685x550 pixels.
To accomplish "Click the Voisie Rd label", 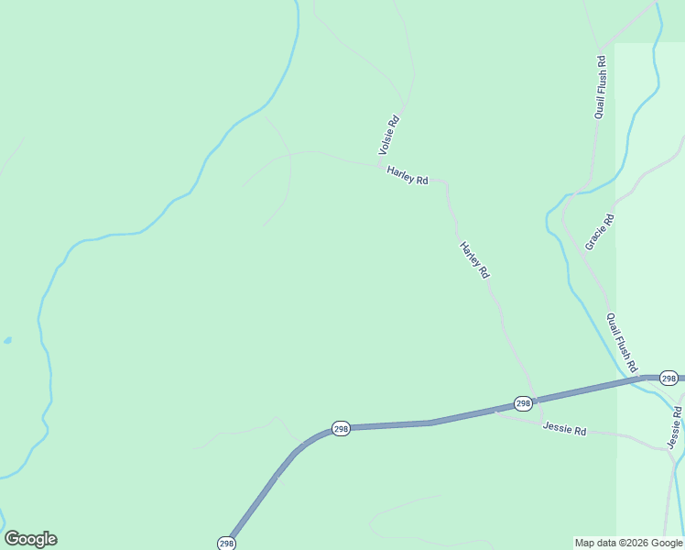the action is coord(389,134).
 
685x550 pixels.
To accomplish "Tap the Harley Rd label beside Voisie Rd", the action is coord(408,175).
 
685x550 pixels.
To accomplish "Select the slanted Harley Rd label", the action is coord(474,260).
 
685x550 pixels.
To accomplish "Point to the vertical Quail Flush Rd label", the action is coord(601,87).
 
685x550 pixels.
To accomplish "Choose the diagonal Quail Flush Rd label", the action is coord(622,342).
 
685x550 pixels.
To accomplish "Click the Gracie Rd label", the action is coord(599,232).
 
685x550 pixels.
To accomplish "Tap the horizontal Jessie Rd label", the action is coord(564,428).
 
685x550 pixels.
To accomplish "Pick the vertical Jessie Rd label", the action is coord(675,428).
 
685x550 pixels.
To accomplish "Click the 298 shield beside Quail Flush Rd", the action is coord(669,379).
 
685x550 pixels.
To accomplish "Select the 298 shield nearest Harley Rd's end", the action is coord(522,403).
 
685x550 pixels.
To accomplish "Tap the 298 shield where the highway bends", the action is coord(341,429).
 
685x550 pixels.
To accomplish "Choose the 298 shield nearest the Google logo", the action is coord(226,544).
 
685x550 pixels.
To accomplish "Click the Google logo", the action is coord(30,539).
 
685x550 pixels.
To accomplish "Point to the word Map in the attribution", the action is coord(584,544).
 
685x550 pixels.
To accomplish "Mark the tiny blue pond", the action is coord(7,340).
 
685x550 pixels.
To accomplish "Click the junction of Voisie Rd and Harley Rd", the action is coord(381,166).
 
